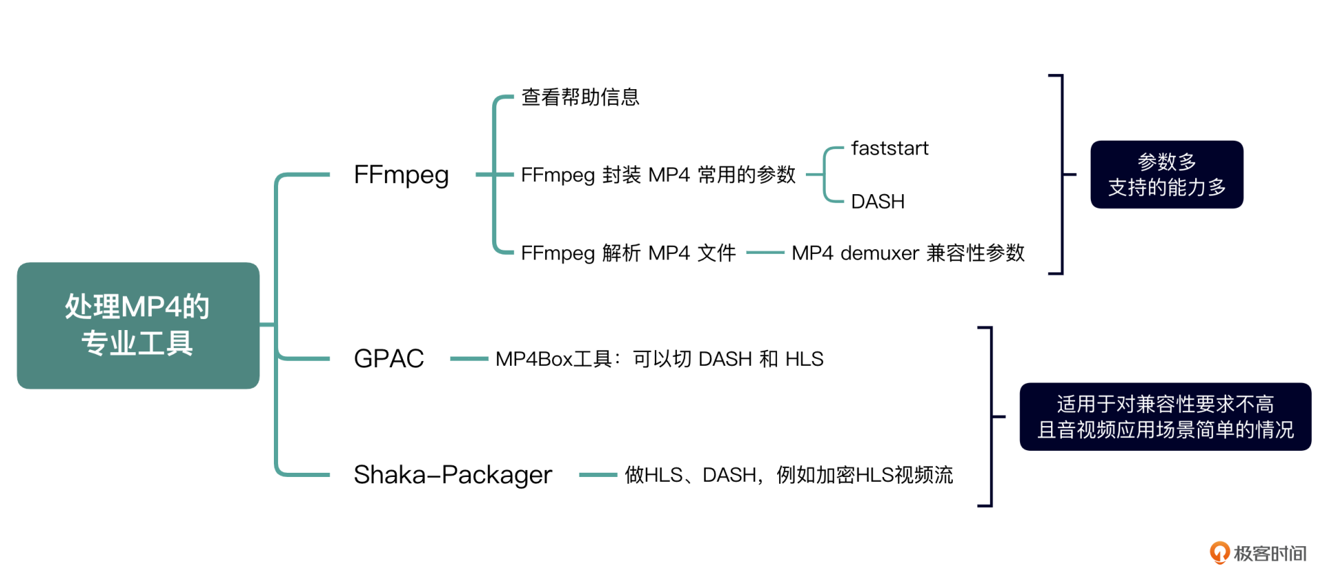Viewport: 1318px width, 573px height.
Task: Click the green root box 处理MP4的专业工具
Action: pyautogui.click(x=138, y=325)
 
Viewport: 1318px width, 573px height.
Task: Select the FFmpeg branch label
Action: pyautogui.click(x=401, y=175)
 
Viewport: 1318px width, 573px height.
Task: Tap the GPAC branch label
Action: pyautogui.click(x=389, y=358)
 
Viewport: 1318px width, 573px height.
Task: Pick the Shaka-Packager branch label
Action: pyautogui.click(x=452, y=475)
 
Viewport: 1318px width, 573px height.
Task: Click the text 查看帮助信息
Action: pyautogui.click(x=580, y=97)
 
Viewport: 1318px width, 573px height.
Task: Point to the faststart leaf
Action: pyautogui.click(x=890, y=148)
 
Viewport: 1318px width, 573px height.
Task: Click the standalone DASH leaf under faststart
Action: pyautogui.click(x=877, y=202)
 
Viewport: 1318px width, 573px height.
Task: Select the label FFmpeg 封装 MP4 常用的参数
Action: pyautogui.click(x=658, y=175)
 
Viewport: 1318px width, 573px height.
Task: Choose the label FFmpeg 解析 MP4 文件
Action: pyautogui.click(x=628, y=253)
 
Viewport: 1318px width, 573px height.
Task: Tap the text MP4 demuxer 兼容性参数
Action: pyautogui.click(x=907, y=253)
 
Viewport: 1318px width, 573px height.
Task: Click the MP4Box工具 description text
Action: pyautogui.click(x=659, y=359)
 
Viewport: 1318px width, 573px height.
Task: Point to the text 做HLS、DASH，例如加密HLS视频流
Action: pyautogui.click(x=789, y=475)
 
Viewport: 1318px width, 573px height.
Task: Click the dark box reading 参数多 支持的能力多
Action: pyautogui.click(x=1166, y=174)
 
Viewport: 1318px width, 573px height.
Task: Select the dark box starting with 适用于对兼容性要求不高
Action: pyautogui.click(x=1165, y=417)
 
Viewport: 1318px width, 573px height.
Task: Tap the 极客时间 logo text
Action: pyautogui.click(x=1269, y=553)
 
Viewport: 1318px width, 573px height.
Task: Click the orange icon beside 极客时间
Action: pyautogui.click(x=1219, y=552)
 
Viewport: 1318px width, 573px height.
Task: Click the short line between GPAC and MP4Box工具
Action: pyautogui.click(x=469, y=358)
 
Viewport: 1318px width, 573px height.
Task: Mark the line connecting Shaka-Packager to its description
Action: pyautogui.click(x=598, y=475)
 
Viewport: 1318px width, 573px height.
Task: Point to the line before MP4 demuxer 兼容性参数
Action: pyautogui.click(x=765, y=253)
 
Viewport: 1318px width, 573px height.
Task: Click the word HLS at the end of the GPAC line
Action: pyautogui.click(x=804, y=359)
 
